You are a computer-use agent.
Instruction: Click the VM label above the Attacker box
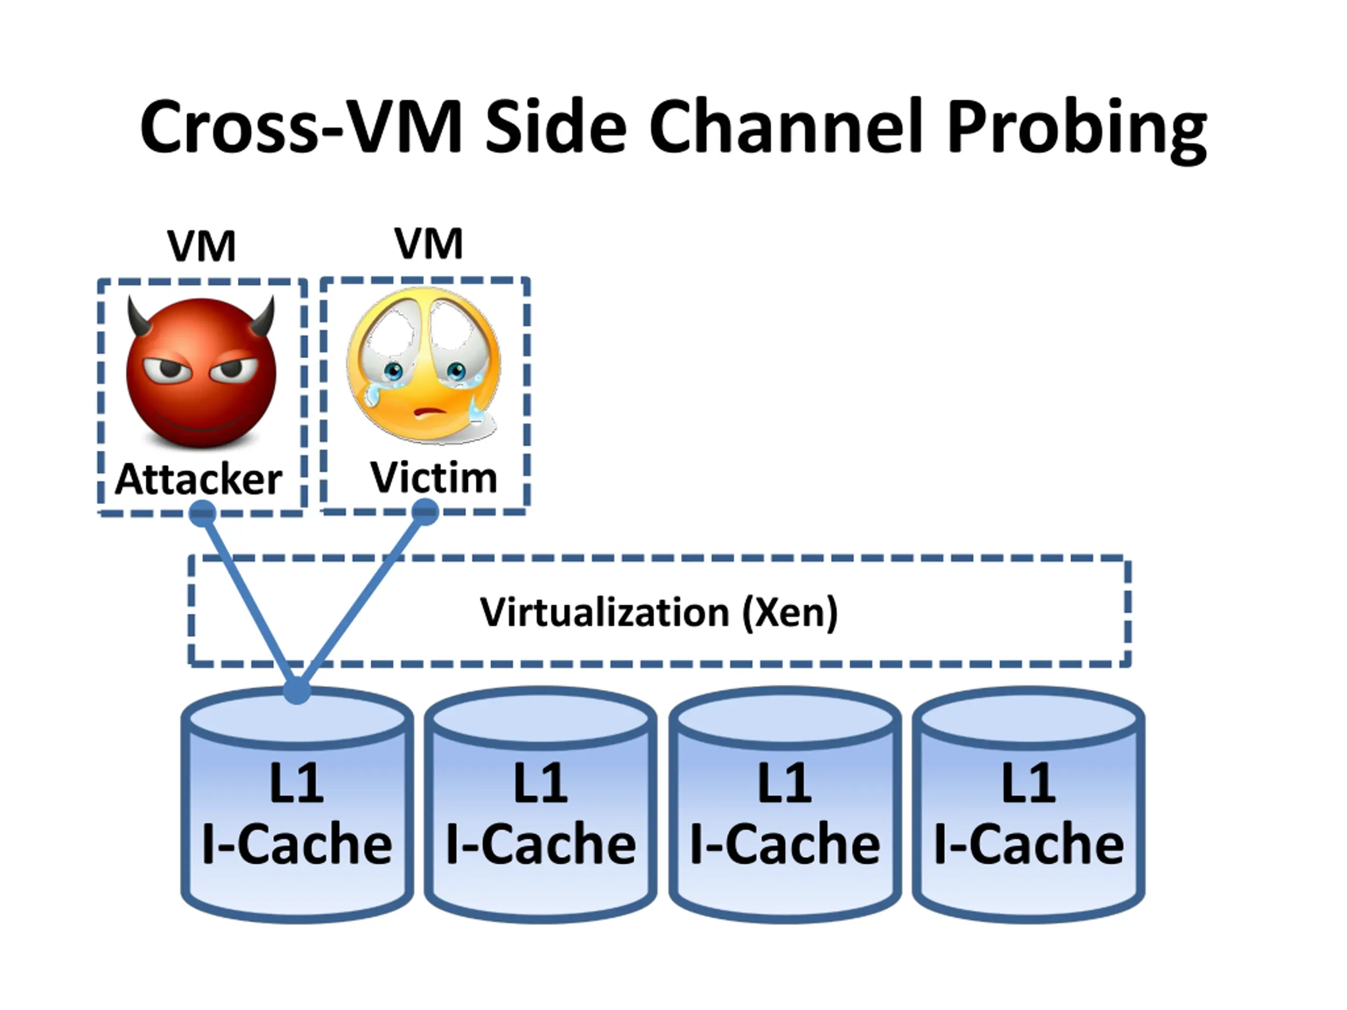[202, 247]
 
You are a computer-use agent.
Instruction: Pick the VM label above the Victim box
[429, 244]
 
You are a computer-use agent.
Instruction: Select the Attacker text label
[198, 479]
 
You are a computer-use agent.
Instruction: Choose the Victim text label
[434, 477]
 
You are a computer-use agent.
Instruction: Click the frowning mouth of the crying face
[430, 411]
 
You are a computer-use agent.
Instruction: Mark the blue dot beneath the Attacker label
[203, 513]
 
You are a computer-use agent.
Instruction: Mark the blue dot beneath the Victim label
[425, 511]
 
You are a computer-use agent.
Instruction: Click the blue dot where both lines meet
[297, 690]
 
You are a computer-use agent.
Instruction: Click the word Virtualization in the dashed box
[604, 612]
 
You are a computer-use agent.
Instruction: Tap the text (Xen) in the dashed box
[790, 612]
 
